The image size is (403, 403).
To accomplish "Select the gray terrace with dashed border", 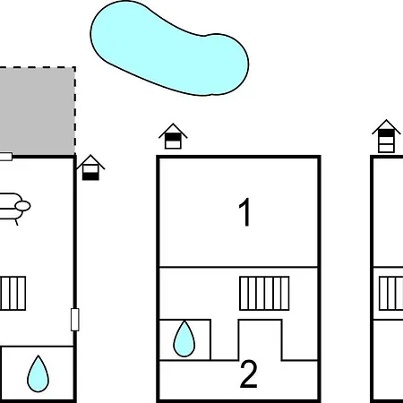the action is point(37,111).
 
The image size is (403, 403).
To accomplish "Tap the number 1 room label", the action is point(244,212).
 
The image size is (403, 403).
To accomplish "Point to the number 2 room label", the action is point(249,374).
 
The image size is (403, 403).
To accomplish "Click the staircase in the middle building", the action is point(264,294).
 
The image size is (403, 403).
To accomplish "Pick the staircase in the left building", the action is point(13,294).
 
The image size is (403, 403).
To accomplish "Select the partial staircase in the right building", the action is point(391,294).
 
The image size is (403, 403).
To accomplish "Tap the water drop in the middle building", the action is point(184,339).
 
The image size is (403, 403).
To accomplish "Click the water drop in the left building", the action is point(38,373).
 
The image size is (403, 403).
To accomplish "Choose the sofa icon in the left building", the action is point(14,207).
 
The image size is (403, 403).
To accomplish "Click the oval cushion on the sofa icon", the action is point(23,206).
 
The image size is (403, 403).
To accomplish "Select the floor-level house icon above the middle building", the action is point(173,136).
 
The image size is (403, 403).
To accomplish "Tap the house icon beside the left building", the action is point(90,167).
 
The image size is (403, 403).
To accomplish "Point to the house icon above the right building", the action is point(386,136).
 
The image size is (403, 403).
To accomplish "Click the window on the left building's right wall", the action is point(75,320).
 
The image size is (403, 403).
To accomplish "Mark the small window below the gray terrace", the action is point(6,157).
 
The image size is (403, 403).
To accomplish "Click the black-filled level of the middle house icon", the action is point(173,137).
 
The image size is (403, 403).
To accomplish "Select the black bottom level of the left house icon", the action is point(90,176).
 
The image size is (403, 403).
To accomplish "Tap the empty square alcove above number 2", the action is point(260,340).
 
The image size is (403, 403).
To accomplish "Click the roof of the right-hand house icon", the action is point(386,126).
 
